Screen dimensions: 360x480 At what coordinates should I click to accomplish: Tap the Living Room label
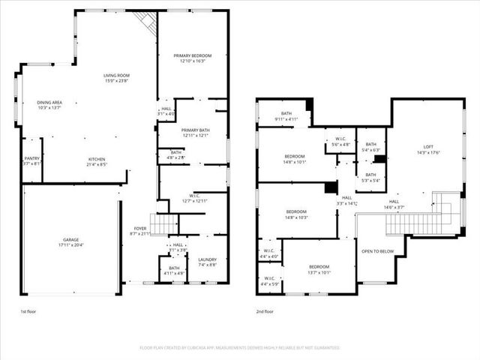[117, 75]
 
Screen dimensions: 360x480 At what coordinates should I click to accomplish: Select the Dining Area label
[49, 103]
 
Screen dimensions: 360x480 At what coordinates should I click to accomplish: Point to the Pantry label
[31, 158]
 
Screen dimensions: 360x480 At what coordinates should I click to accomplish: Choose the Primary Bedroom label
[193, 56]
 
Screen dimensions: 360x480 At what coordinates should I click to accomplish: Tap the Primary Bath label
[193, 130]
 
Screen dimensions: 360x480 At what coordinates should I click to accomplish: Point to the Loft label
[428, 147]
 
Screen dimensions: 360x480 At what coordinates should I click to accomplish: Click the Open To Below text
[378, 251]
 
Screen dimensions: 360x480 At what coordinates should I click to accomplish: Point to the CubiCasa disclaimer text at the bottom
[240, 348]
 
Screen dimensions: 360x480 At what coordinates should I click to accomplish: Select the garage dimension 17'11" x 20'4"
[70, 244]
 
